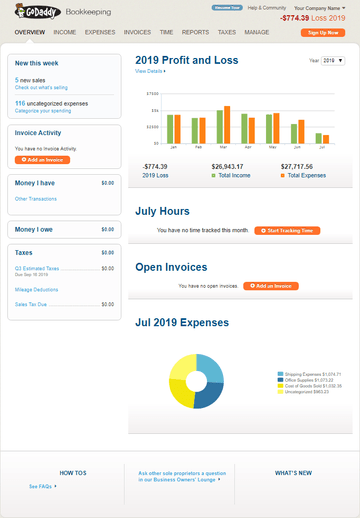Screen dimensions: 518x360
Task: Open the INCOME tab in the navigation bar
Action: point(65,32)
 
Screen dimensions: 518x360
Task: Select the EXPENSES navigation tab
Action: point(99,32)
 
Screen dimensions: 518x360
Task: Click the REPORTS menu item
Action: point(195,32)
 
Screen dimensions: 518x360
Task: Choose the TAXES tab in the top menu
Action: point(226,32)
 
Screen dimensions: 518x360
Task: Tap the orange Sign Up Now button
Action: point(328,32)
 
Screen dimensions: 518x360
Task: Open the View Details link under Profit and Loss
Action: point(149,72)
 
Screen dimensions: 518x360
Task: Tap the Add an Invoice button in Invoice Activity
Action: point(43,160)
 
